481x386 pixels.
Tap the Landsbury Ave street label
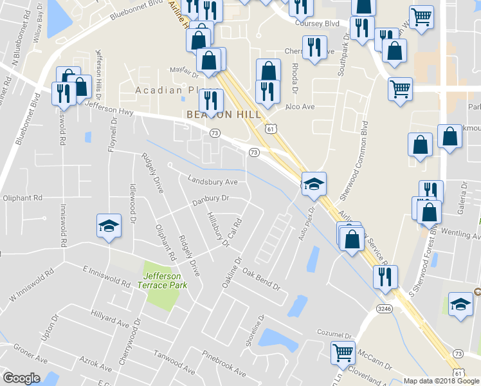point(213,181)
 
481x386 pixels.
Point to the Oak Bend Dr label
point(262,280)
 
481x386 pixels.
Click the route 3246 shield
point(385,309)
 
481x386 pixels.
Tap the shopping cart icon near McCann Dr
point(343,352)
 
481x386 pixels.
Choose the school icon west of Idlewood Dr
point(109,226)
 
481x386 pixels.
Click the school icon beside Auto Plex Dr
point(314,185)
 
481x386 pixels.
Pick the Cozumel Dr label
point(335,334)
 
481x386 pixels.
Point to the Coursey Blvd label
point(317,23)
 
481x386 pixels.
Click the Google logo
point(21,378)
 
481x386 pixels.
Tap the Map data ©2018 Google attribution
point(441,381)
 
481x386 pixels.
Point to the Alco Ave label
point(300,106)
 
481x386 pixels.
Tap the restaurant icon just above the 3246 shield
point(385,277)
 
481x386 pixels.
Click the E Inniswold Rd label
point(107,275)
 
